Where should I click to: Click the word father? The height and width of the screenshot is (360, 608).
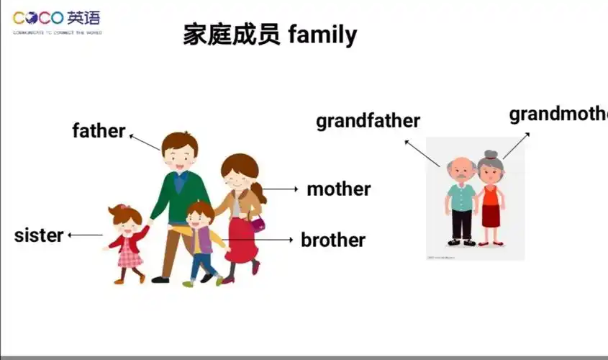click(99, 131)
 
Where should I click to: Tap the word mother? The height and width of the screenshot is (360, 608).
click(338, 189)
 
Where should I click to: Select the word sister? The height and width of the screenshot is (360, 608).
click(38, 235)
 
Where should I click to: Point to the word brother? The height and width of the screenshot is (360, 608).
click(332, 240)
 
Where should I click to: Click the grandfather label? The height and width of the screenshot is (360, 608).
click(368, 121)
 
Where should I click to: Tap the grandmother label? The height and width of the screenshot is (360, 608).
click(558, 114)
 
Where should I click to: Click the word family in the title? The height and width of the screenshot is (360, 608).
click(322, 35)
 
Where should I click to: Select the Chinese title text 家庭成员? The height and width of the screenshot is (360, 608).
click(231, 35)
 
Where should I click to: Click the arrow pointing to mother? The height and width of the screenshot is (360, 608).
click(281, 189)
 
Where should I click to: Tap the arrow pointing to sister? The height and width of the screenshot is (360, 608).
click(86, 235)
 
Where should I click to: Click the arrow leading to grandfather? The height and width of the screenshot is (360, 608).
click(422, 153)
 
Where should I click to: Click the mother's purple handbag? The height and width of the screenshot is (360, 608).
click(257, 222)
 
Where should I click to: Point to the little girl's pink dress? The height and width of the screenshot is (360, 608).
click(130, 249)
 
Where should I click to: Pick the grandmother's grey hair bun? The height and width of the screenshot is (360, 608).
click(491, 154)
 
